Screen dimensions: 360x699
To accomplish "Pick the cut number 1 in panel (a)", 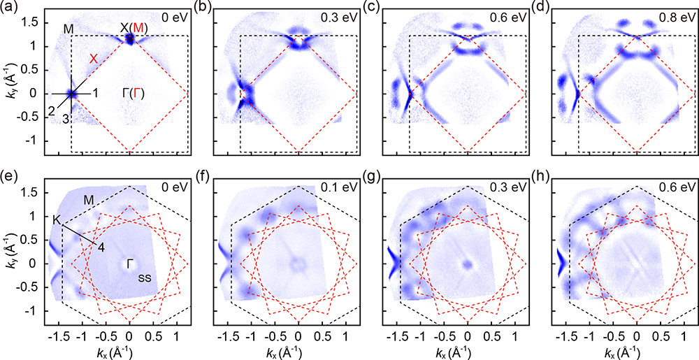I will [96, 93].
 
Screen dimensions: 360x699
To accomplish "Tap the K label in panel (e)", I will [56, 218].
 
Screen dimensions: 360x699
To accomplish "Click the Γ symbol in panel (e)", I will [131, 263].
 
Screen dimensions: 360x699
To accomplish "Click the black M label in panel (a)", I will [68, 28].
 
